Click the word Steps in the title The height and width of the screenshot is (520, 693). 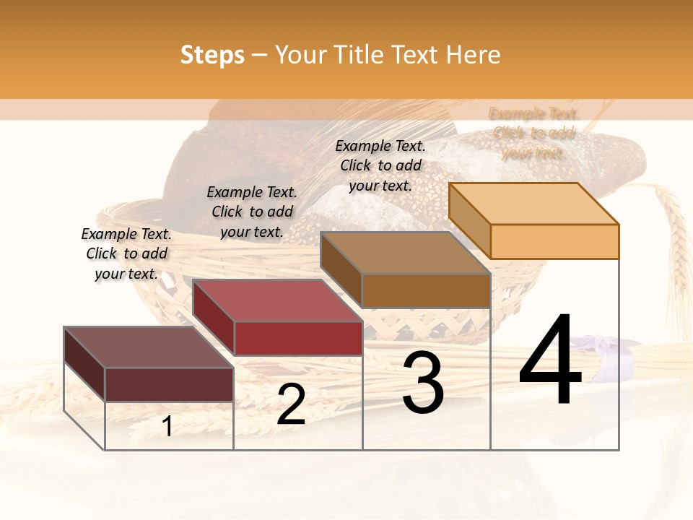point(212,55)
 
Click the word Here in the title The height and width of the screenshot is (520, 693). point(472,55)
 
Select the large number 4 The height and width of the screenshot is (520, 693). point(550,361)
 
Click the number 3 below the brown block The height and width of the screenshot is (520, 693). point(423,383)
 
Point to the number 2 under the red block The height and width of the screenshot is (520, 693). point(291,404)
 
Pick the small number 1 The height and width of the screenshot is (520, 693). point(167,426)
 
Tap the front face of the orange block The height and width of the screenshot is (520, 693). point(554,241)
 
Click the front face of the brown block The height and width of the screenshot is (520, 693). point(426,290)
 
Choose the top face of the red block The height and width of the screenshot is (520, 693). point(277,300)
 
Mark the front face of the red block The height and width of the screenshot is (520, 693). point(297,338)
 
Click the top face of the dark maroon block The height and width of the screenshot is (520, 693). point(149,347)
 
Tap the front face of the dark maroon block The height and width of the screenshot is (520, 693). point(169,384)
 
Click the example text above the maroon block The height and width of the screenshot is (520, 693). point(126,253)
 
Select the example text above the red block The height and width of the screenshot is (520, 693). point(252,212)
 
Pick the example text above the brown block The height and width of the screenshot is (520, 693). point(380,165)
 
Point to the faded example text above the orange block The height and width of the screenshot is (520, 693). point(533,133)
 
